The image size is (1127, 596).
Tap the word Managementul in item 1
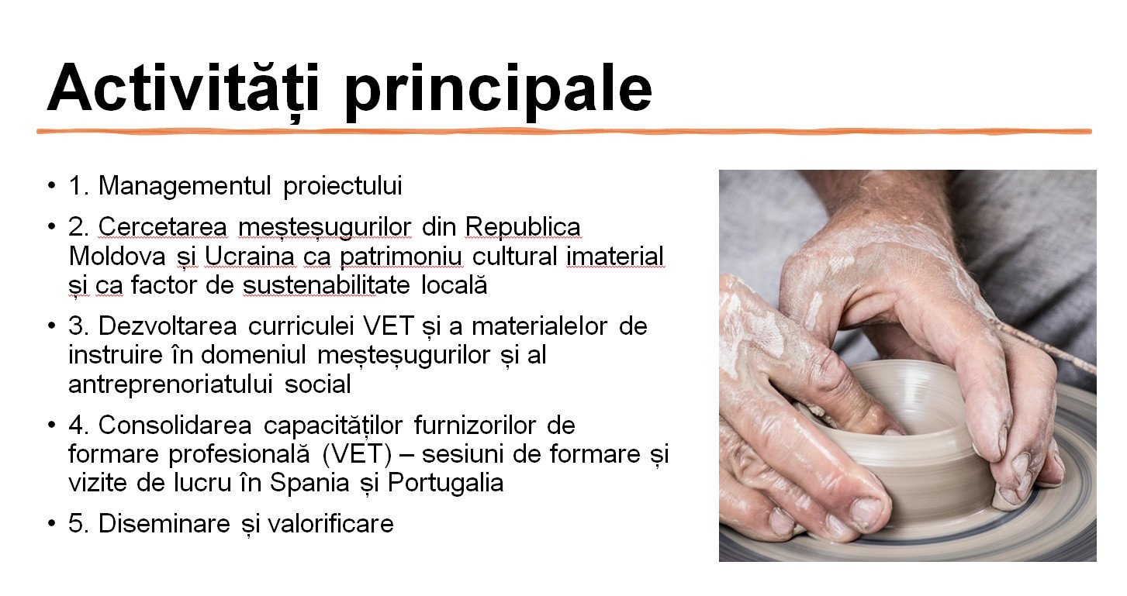point(185,185)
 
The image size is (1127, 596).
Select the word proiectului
point(343,187)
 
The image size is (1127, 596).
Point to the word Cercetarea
point(163,226)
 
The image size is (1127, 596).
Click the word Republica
point(523,228)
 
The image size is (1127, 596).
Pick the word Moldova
point(117,257)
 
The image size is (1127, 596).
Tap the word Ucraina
point(249,257)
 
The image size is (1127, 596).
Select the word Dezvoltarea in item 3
point(168,326)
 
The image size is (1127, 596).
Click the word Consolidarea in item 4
point(175,425)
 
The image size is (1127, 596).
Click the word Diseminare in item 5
point(164,524)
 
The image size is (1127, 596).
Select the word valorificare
point(330,524)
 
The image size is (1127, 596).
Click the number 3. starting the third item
point(78,326)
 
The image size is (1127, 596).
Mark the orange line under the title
point(564,132)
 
